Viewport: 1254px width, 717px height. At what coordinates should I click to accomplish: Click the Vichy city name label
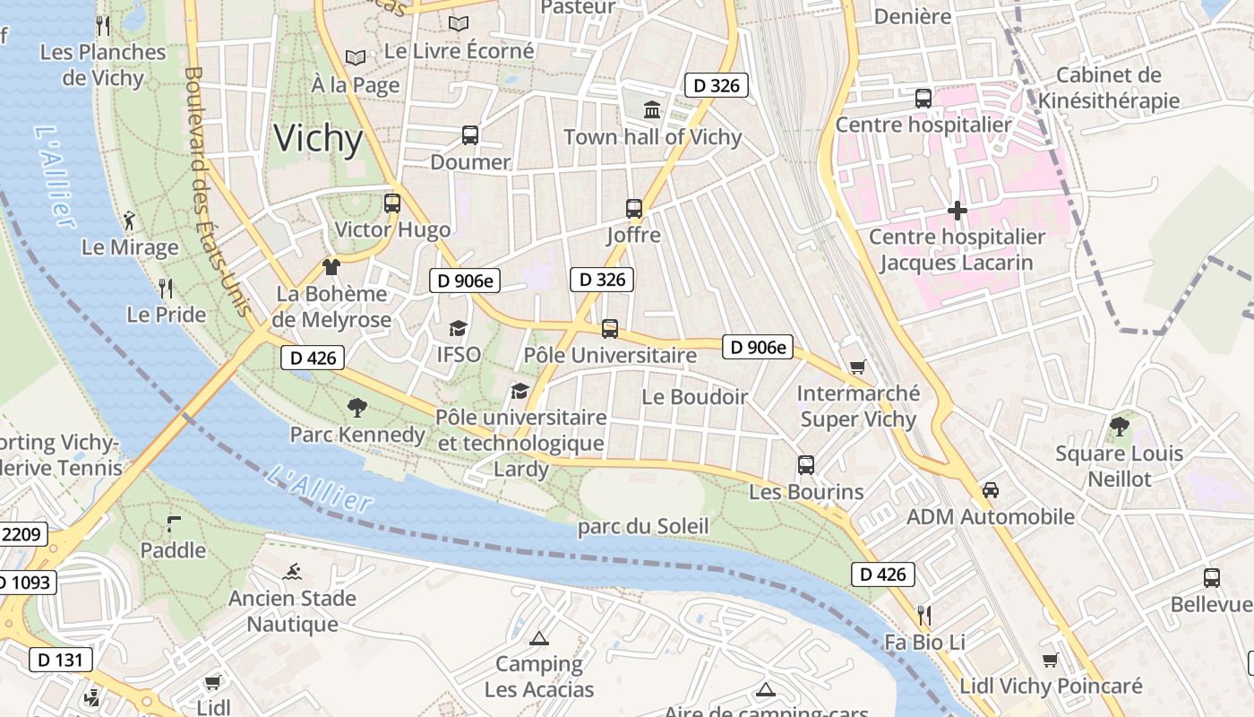pyautogui.click(x=318, y=139)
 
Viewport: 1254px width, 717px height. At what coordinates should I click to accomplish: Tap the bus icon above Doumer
pyautogui.click(x=469, y=135)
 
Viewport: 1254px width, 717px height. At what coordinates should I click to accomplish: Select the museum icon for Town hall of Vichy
pyautogui.click(x=652, y=110)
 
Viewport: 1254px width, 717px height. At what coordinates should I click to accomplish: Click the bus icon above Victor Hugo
pyautogui.click(x=392, y=203)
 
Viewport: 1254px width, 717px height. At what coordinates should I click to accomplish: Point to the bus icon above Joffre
pyautogui.click(x=634, y=208)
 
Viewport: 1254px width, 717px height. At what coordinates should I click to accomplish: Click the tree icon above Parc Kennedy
pyautogui.click(x=357, y=408)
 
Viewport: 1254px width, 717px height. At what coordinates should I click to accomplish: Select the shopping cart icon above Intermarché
pyautogui.click(x=857, y=367)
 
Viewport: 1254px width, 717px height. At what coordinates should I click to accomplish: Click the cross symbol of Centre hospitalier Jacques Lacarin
pyautogui.click(x=957, y=212)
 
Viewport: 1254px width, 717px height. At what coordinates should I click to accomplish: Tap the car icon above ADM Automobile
pyautogui.click(x=990, y=490)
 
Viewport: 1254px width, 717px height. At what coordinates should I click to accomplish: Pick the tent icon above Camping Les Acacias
pyautogui.click(x=538, y=639)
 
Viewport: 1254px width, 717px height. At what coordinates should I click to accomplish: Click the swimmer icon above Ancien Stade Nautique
pyautogui.click(x=292, y=572)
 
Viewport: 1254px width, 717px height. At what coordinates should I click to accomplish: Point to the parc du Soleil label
pyautogui.click(x=642, y=526)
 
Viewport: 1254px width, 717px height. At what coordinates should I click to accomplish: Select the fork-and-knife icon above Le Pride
pyautogui.click(x=166, y=288)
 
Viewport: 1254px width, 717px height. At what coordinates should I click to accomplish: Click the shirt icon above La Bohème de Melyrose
pyautogui.click(x=331, y=266)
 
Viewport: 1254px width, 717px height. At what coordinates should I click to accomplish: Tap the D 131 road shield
pyautogui.click(x=61, y=661)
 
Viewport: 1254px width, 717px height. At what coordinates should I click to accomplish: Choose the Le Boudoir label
pyautogui.click(x=695, y=396)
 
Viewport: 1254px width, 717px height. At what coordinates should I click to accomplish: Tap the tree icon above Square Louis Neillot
pyautogui.click(x=1119, y=426)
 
